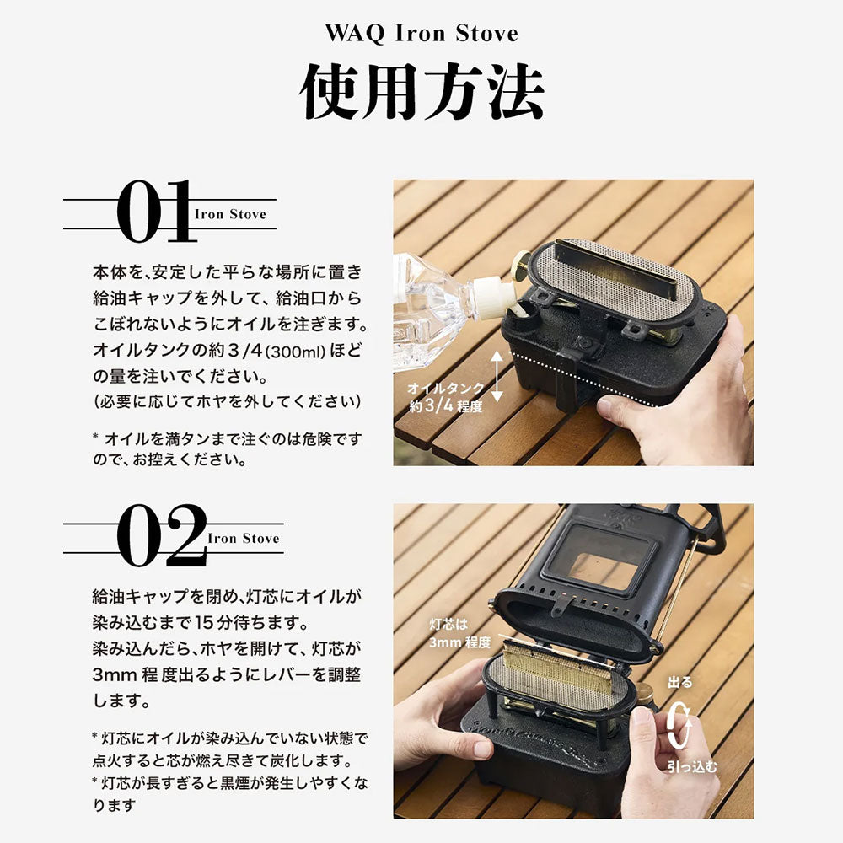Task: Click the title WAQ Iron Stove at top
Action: coord(421,33)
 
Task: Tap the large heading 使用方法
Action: coord(421,91)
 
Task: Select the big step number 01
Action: coord(155,211)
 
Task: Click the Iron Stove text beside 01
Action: coord(230,214)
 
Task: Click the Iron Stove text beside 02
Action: coord(244,538)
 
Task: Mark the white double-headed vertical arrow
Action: coord(497,376)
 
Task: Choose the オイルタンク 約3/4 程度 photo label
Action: coord(445,397)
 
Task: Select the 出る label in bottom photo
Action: coord(679,682)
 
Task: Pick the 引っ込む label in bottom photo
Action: coord(692,765)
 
